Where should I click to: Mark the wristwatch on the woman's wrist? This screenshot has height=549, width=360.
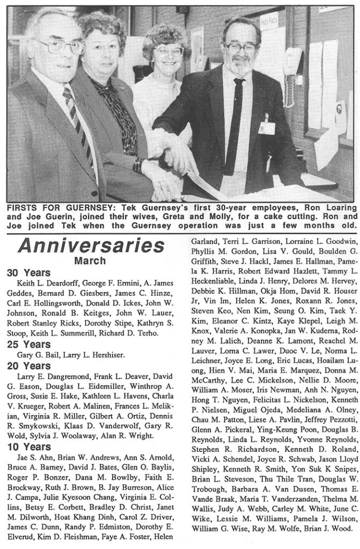coord(138,165)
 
